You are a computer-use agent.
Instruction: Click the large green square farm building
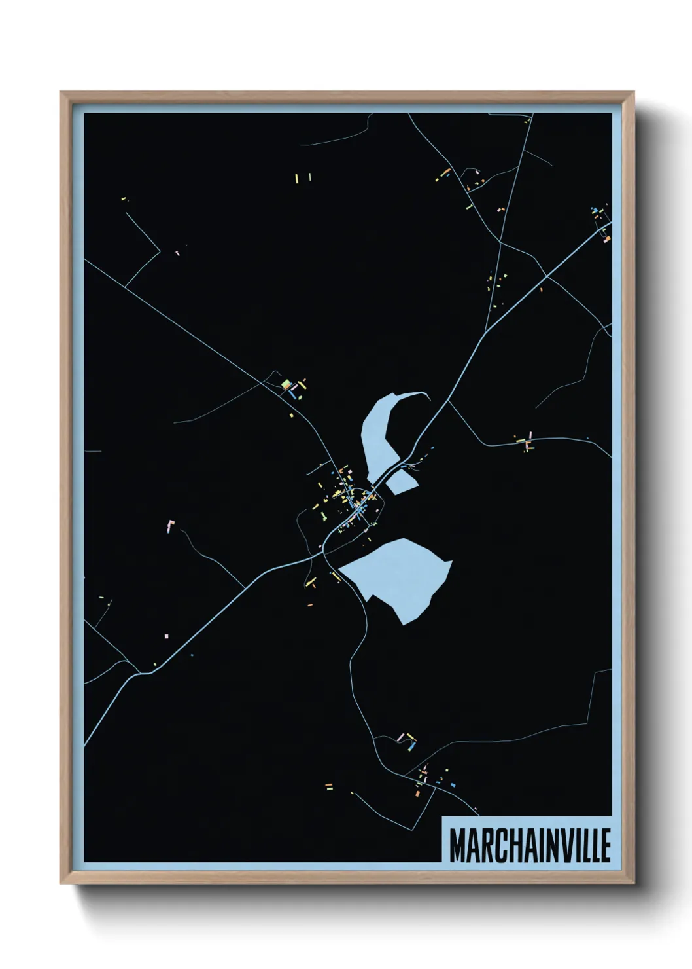pyautogui.click(x=285, y=384)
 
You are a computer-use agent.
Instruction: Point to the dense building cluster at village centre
pyautogui.click(x=356, y=504)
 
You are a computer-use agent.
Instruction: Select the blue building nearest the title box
pyautogui.click(x=453, y=784)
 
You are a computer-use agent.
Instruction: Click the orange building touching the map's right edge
pyautogui.click(x=607, y=239)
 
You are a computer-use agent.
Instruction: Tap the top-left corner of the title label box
pyautogui.click(x=443, y=818)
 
